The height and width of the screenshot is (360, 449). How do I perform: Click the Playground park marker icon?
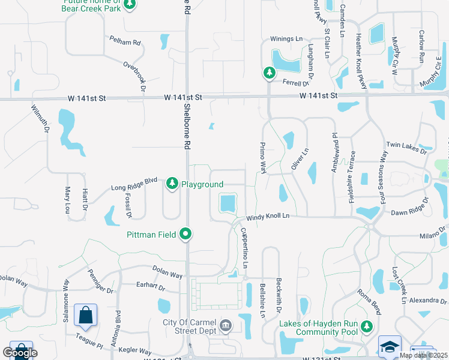point(172,183)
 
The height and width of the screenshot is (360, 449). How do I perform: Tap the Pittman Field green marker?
point(186,234)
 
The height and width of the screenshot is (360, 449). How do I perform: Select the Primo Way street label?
point(262,158)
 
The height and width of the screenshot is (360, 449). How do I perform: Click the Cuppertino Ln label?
point(244,248)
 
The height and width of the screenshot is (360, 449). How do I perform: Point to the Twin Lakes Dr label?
point(406,145)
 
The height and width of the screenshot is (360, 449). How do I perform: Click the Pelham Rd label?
point(125,43)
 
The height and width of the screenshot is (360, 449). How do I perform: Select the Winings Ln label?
point(286,38)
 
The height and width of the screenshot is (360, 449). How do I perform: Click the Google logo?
point(20,353)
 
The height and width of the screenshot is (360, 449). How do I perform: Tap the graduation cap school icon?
point(390,347)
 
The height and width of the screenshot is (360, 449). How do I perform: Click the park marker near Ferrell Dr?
point(269,73)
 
